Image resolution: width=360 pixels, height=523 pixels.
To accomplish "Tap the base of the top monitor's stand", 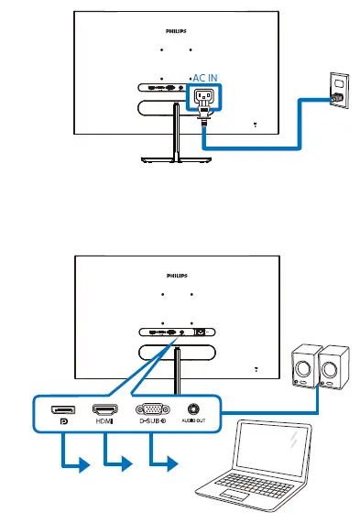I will click(x=173, y=159).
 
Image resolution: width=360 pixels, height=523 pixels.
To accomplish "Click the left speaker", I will click(x=306, y=367).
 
